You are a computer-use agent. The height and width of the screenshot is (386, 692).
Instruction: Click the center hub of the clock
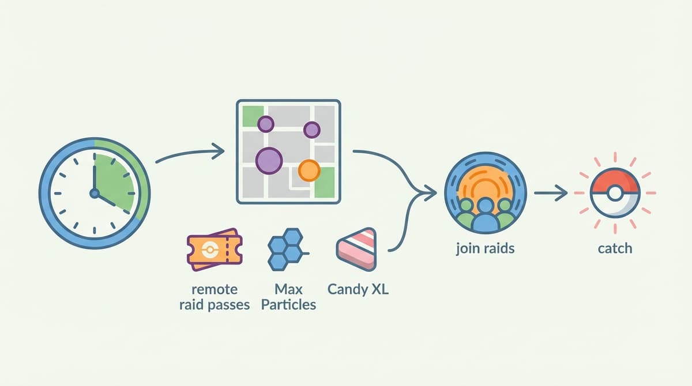(x=94, y=194)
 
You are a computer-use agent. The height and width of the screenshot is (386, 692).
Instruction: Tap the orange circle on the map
(x=309, y=171)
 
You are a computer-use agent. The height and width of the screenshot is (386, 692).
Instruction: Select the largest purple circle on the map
(x=269, y=161)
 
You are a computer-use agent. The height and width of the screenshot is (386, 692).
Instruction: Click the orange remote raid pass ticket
(x=215, y=250)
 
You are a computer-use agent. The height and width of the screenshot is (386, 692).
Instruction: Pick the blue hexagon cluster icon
(x=287, y=249)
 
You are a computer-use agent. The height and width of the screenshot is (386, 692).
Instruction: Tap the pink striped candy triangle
(x=357, y=249)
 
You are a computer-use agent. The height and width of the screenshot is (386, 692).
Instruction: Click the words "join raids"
(x=485, y=249)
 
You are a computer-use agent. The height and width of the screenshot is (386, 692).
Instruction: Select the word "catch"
(x=615, y=249)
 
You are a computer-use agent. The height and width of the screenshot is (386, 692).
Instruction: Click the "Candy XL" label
(x=358, y=289)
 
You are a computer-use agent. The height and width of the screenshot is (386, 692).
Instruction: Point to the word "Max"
(x=288, y=289)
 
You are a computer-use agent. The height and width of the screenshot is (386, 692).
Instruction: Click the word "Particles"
(x=288, y=305)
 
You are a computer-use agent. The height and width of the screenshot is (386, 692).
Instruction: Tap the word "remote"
(x=215, y=290)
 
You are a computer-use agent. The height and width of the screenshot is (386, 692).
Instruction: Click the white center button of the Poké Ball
(x=615, y=194)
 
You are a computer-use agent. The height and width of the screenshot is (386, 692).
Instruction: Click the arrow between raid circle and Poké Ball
(x=551, y=193)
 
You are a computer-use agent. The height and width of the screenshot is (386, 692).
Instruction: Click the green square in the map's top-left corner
(x=253, y=116)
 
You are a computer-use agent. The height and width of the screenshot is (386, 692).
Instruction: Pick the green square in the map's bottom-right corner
(x=325, y=183)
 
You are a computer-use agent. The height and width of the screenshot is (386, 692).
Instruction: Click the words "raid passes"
(x=215, y=305)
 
